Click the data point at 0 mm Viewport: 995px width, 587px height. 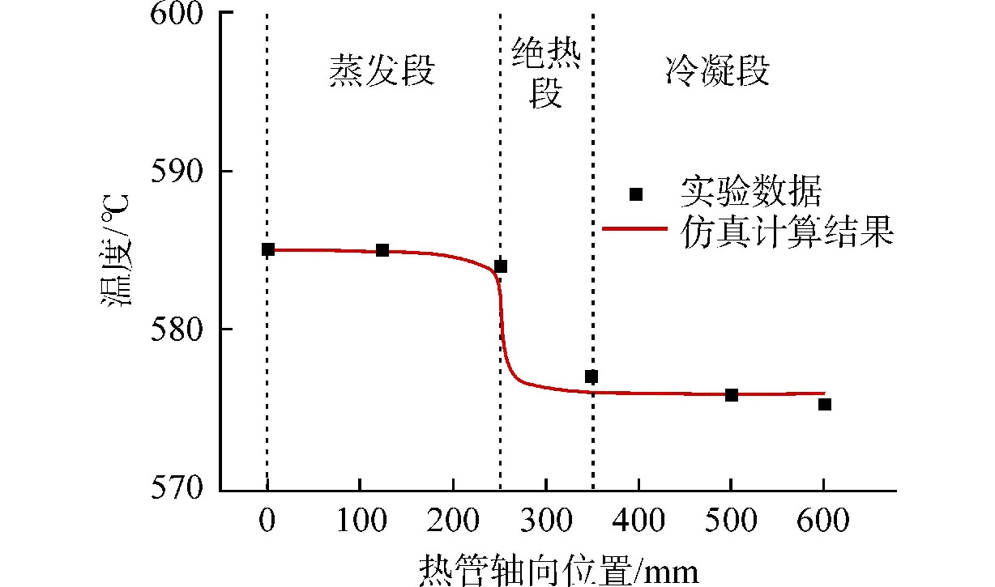click(x=267, y=249)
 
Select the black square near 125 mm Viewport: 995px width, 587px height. click(x=382, y=250)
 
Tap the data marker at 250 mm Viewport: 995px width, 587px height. click(x=501, y=266)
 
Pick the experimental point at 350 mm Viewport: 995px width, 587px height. click(x=591, y=376)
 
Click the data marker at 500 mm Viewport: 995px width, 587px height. click(x=731, y=395)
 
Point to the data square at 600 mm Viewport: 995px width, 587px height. click(x=824, y=404)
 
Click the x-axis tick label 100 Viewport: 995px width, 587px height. click(x=359, y=521)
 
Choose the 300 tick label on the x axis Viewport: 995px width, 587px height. click(x=545, y=521)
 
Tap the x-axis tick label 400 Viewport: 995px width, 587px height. click(x=638, y=521)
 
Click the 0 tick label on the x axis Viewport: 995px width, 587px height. click(x=267, y=521)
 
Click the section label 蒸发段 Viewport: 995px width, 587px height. click(x=382, y=71)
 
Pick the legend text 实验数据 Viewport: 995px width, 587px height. click(x=751, y=193)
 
